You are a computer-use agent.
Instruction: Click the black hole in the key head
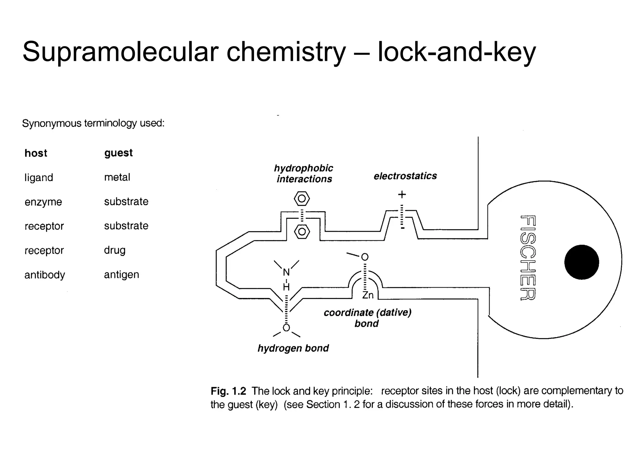[581, 262]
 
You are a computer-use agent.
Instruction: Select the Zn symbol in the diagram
[368, 295]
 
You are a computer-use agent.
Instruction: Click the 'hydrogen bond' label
[293, 348]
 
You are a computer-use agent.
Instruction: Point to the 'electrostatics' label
[405, 176]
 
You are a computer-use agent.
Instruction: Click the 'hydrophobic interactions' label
[304, 174]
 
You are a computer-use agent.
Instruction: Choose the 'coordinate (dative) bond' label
[367, 318]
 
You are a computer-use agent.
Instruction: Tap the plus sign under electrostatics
[402, 195]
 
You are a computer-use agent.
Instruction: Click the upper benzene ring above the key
[302, 199]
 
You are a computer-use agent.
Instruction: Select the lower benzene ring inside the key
[302, 232]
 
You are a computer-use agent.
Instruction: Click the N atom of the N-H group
[286, 272]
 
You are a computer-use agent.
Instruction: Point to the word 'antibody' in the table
[45, 275]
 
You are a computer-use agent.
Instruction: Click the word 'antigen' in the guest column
[122, 274]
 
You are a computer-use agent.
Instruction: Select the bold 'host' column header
[36, 153]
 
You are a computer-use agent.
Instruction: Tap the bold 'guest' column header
[118, 153]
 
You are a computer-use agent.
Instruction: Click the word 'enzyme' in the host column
[43, 202]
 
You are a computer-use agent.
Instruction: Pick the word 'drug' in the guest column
[115, 250]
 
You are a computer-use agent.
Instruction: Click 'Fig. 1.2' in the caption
[228, 391]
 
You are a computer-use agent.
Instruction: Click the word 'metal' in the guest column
[117, 177]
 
